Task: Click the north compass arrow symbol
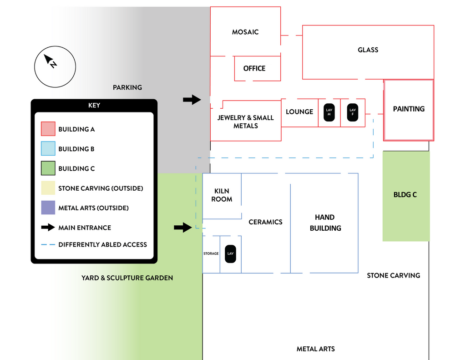(50, 61)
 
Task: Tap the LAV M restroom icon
(329, 112)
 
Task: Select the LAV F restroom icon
(353, 112)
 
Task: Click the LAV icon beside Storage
(230, 254)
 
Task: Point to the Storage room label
(211, 254)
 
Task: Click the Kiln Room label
(222, 195)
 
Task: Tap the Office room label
(254, 68)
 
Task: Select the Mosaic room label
(245, 32)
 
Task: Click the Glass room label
(368, 50)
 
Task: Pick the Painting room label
(409, 109)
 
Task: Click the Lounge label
(299, 112)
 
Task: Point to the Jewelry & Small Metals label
(245, 122)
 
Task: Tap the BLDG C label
(405, 195)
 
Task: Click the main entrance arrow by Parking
(192, 100)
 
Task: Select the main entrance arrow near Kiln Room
(183, 228)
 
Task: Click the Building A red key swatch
(48, 129)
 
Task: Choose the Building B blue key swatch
(48, 148)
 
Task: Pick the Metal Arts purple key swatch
(48, 208)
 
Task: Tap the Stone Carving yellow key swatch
(48, 188)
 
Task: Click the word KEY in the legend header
(94, 105)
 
